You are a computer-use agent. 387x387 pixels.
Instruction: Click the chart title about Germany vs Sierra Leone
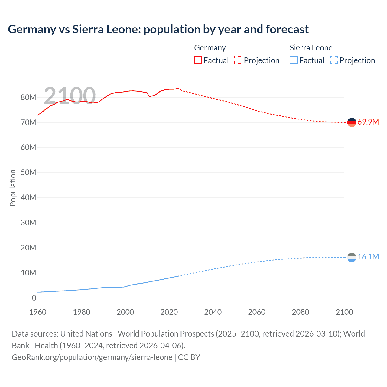coord(158,29)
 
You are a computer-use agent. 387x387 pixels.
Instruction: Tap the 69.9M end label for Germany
coord(368,122)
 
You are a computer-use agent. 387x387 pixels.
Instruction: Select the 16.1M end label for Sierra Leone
coord(368,257)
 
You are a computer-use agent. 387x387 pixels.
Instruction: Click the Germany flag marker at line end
coord(352,122)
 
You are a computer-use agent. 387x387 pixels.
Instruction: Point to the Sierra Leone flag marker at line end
coord(352,257)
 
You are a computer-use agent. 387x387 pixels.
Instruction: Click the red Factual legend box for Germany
coord(198,60)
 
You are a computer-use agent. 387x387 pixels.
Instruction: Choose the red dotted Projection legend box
coord(238,60)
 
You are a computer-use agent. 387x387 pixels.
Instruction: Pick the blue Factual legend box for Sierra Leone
coord(294,60)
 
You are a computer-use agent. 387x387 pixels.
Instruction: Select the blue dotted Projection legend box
coord(334,60)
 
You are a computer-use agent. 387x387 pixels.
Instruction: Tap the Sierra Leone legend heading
coord(311,48)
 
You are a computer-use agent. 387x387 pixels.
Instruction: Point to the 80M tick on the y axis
coord(28,97)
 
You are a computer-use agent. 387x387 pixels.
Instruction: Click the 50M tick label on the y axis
coord(28,173)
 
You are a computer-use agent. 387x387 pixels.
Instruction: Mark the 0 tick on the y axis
coord(34,298)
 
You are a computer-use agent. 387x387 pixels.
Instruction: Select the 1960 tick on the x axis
coord(38,312)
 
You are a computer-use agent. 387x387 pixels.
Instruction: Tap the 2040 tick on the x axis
coord(213,312)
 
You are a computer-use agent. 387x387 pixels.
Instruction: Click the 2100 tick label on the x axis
coord(344,312)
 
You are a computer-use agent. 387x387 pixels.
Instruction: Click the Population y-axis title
coord(13,188)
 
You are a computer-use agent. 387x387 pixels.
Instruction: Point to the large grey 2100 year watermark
coord(70,96)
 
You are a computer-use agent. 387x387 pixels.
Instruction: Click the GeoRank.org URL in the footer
coord(92,357)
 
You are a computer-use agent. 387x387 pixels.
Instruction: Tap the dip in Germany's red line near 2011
coord(149,96)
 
